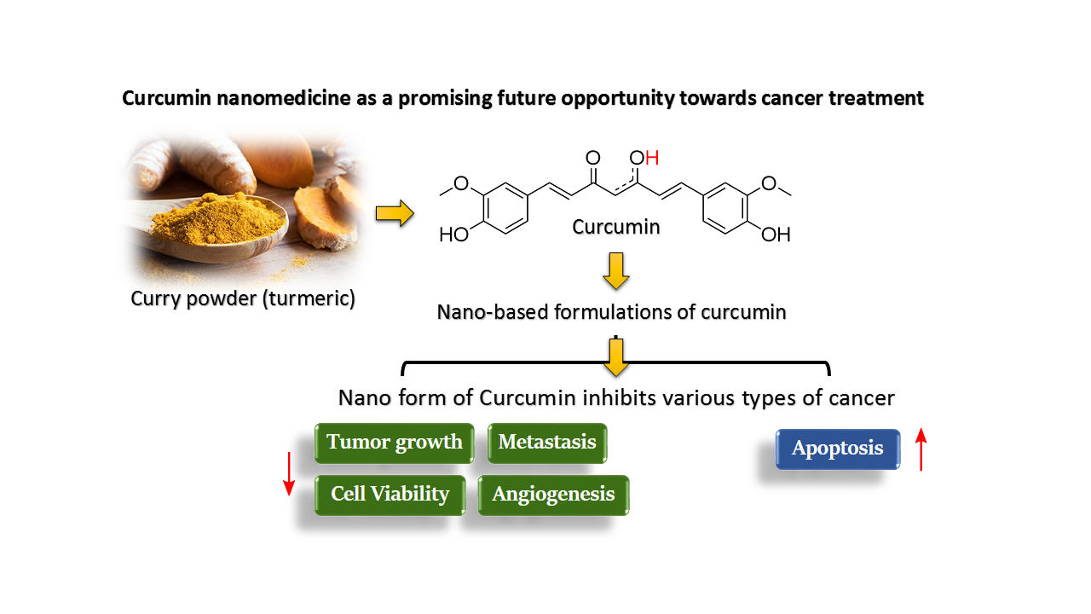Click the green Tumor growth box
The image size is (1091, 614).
(394, 443)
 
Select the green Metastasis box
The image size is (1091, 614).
(547, 443)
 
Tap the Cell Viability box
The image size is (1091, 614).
(390, 495)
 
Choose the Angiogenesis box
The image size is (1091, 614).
(553, 495)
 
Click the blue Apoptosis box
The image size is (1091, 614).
(837, 449)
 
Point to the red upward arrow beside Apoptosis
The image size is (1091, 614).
(921, 449)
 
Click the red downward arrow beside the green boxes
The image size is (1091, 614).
(289, 473)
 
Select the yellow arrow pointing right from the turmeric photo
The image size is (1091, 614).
(394, 214)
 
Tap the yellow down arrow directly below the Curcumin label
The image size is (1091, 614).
(615, 270)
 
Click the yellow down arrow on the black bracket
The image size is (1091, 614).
(615, 357)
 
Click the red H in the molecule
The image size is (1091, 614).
(652, 158)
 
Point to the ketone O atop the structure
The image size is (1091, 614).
(593, 158)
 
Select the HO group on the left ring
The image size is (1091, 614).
(453, 235)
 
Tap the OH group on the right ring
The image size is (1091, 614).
(776, 235)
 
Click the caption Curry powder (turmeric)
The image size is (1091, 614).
(243, 299)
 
